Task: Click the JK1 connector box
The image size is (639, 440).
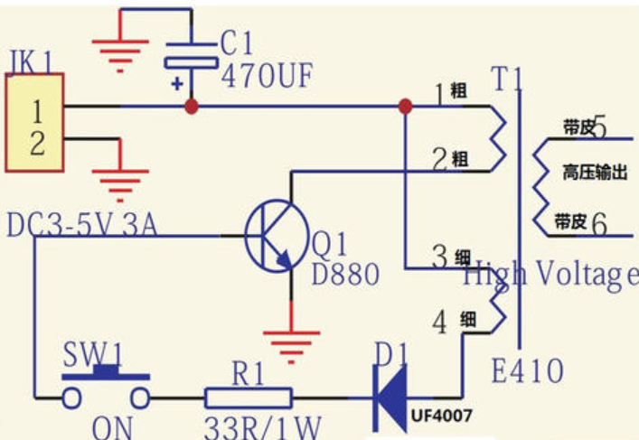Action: [34, 122]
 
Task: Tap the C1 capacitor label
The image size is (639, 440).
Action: [237, 42]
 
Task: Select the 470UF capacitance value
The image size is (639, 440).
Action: [267, 75]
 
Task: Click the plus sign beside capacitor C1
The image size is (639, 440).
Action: [177, 84]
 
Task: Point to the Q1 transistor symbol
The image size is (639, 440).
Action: [277, 236]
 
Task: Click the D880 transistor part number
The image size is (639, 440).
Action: [345, 274]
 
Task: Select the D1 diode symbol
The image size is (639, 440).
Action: [390, 398]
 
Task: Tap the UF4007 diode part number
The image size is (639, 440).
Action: [441, 416]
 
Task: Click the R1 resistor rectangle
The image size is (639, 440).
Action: [249, 398]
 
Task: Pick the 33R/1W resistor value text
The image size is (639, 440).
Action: [262, 427]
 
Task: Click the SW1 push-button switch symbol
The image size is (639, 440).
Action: [106, 387]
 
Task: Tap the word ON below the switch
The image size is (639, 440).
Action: [112, 427]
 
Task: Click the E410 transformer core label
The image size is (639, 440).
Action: [527, 370]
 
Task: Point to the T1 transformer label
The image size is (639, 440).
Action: [506, 79]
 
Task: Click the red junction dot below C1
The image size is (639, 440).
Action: [192, 107]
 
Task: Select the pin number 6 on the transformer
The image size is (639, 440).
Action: [599, 223]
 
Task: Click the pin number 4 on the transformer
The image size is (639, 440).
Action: [439, 323]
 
